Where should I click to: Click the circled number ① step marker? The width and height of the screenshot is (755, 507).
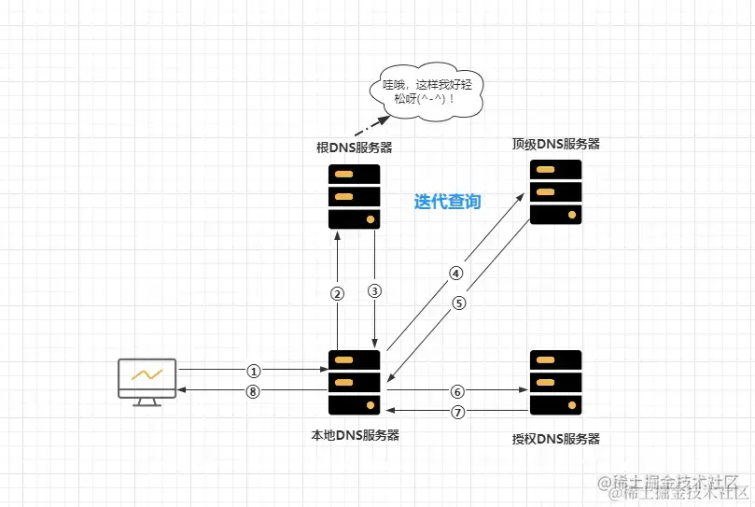pyautogui.click(x=252, y=370)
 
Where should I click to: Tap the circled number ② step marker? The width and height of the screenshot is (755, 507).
pyautogui.click(x=338, y=292)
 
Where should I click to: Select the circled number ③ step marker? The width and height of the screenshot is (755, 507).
pyautogui.click(x=375, y=290)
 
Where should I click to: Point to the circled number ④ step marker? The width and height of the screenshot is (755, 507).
pyautogui.click(x=455, y=274)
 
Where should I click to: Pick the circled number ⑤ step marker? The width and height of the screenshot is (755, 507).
pyautogui.click(x=458, y=303)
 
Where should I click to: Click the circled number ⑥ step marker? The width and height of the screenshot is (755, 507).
pyautogui.click(x=456, y=391)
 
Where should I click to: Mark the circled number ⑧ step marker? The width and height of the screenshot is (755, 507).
pyautogui.click(x=252, y=392)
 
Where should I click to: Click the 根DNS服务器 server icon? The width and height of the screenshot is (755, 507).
pyautogui.click(x=355, y=196)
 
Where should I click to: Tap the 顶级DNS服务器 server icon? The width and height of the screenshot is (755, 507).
pyautogui.click(x=555, y=191)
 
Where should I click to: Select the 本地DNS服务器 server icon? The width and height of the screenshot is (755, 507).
pyautogui.click(x=355, y=383)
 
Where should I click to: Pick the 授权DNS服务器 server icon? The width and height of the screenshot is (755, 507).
pyautogui.click(x=555, y=383)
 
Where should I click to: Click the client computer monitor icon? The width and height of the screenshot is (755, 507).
pyautogui.click(x=147, y=381)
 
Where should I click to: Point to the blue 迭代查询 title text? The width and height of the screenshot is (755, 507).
pyautogui.click(x=448, y=202)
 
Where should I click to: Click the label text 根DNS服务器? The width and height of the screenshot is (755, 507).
pyautogui.click(x=354, y=148)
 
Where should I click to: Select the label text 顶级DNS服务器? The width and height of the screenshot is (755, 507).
pyautogui.click(x=555, y=144)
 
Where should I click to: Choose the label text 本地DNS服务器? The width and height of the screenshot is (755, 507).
pyautogui.click(x=355, y=434)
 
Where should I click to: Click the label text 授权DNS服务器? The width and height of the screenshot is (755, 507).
pyautogui.click(x=555, y=439)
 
